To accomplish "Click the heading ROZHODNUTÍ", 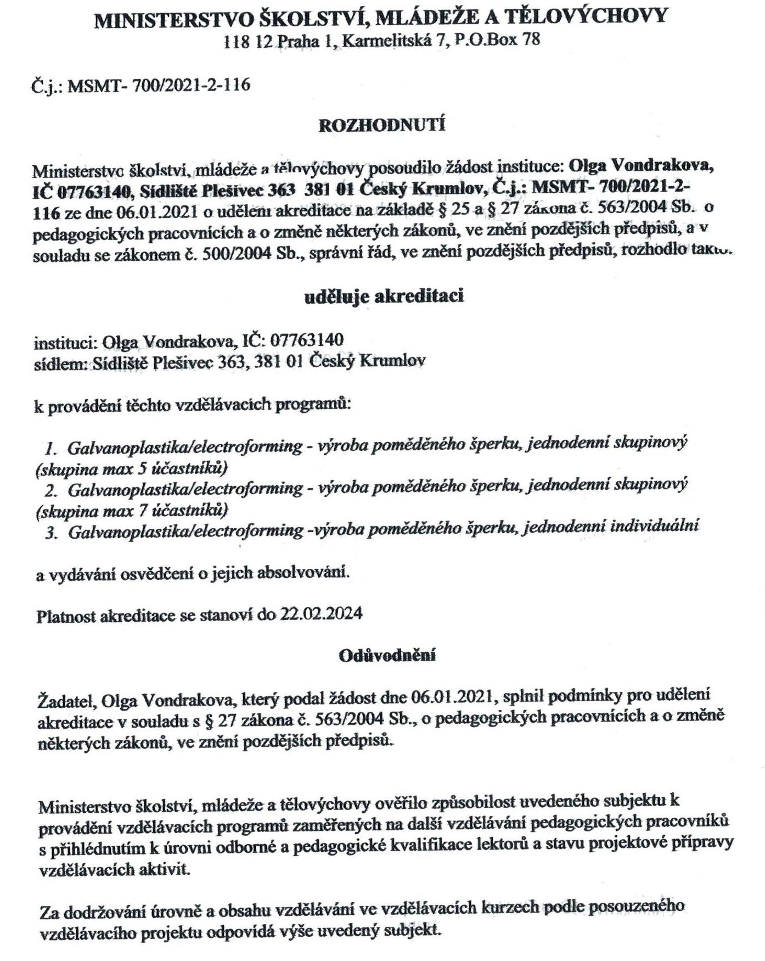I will point(382,125).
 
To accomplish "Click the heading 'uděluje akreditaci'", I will point(384,297).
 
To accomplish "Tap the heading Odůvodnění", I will point(387,655).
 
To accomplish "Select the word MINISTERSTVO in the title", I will point(174,19).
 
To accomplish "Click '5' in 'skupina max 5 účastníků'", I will point(139,468).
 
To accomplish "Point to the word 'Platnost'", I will point(66,616).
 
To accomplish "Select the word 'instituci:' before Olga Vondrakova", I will point(65,343).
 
